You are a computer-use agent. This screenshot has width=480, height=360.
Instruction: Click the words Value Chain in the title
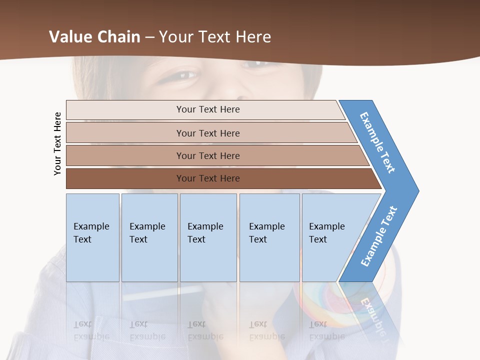coord(94,36)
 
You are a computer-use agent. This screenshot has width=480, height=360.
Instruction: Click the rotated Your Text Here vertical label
coord(57,143)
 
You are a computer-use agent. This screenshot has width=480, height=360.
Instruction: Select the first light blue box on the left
coord(92,237)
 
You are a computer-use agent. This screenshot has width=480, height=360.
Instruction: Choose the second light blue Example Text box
coord(149,237)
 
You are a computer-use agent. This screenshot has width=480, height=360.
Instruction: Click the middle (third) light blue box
coord(208,237)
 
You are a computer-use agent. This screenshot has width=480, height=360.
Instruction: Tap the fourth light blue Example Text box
coord(269,237)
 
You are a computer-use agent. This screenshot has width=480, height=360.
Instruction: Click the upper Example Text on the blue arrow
coord(377,142)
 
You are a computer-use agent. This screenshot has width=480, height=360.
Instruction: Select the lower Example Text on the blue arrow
coord(379,236)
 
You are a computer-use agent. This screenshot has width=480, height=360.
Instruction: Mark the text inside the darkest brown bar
coord(208,178)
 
